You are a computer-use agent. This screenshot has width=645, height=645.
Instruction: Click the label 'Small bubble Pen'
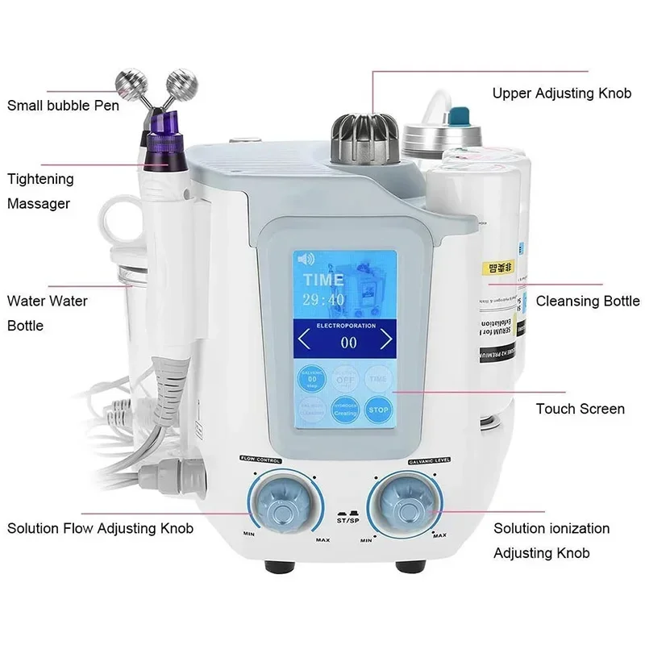63,105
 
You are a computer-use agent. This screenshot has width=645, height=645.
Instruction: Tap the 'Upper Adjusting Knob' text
561,93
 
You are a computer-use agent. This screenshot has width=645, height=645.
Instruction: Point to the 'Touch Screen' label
580,409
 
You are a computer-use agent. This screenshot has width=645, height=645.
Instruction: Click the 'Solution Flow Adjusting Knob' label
101,529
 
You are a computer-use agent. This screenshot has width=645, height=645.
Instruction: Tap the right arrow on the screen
385,340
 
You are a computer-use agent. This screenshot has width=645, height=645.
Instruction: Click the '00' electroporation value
347,342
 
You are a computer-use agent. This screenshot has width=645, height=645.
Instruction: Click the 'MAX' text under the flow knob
322,539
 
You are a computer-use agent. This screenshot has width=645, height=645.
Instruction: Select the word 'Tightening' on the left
40,179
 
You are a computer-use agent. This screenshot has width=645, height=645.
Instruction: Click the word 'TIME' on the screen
322,279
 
